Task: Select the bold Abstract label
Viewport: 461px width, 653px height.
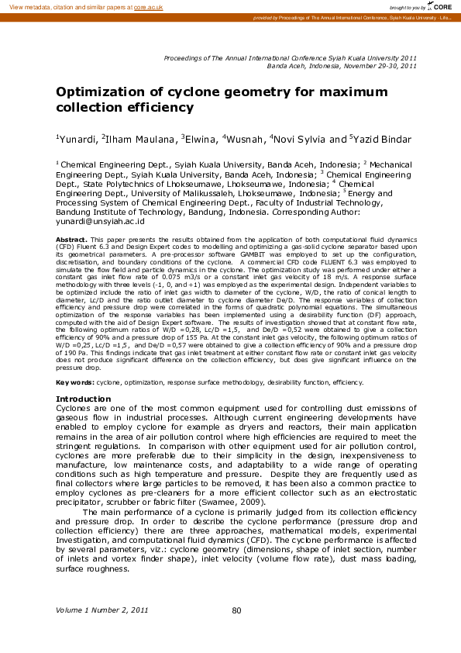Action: click(71, 241)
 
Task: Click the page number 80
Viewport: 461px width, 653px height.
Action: click(237, 611)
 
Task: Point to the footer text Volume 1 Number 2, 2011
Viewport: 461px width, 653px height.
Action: click(101, 611)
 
